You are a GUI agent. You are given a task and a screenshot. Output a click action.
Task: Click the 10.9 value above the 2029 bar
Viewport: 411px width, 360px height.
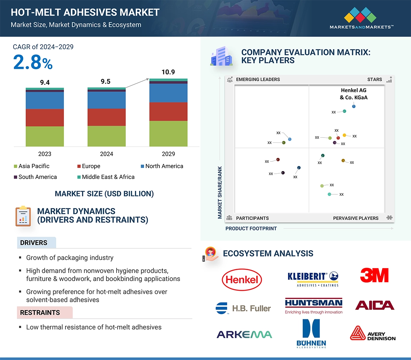[168, 72]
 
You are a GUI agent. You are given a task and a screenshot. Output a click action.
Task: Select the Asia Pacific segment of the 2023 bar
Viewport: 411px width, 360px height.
[45, 136]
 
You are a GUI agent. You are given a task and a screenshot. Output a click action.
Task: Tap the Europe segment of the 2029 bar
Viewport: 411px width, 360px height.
[168, 112]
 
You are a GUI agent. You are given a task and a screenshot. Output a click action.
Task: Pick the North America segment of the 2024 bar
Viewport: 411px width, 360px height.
[106, 100]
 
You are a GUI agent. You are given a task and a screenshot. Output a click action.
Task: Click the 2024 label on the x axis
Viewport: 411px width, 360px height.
[106, 154]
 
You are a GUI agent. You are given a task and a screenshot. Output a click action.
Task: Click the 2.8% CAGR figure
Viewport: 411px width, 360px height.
[33, 63]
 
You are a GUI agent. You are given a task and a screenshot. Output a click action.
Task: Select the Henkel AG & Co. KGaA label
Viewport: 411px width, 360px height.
[354, 94]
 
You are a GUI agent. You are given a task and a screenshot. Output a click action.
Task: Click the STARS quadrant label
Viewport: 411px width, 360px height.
[374, 79]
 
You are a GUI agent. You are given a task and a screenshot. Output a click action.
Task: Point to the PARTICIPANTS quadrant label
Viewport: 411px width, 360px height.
[252, 218]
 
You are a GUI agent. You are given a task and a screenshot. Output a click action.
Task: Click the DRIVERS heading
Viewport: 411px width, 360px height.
[34, 243]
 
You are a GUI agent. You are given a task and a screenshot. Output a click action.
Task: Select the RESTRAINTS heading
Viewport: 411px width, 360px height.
[40, 313]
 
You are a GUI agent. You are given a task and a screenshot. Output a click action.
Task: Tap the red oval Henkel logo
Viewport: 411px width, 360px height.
[242, 280]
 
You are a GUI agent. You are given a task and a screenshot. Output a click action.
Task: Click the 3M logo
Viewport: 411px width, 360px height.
[374, 275]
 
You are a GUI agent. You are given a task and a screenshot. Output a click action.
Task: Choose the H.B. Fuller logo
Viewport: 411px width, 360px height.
[243, 308]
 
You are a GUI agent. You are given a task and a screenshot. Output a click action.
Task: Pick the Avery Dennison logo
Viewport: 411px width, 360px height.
[373, 334]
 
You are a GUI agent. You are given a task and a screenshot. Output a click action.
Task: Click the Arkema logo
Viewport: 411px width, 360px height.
[244, 334]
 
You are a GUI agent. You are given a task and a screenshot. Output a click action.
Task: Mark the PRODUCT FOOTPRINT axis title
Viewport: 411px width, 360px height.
[251, 228]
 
